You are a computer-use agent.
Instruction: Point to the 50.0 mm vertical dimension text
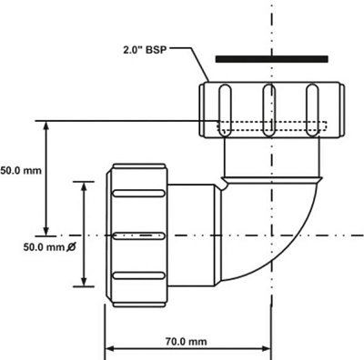pos(20,170)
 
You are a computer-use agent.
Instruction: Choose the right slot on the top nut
pos(312,106)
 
